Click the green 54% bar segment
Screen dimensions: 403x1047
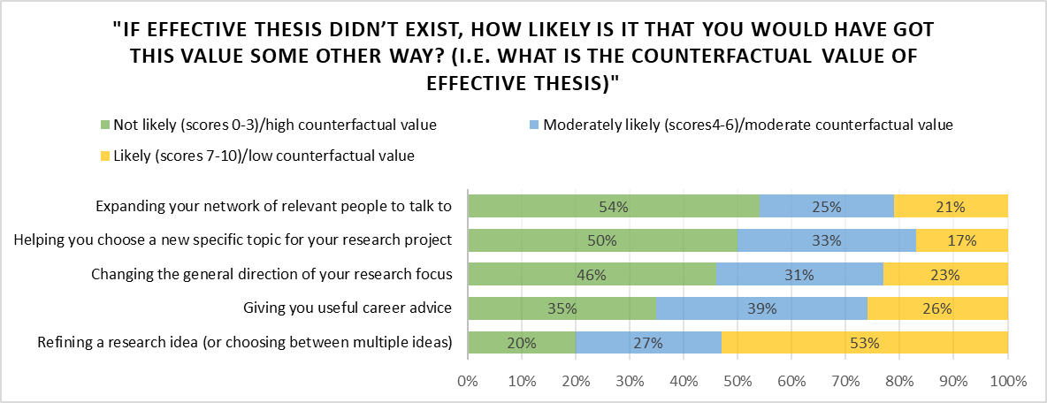[x=613, y=206]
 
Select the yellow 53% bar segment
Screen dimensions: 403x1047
[x=865, y=343]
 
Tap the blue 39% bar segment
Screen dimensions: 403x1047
[x=761, y=308]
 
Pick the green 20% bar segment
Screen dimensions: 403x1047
[x=522, y=343]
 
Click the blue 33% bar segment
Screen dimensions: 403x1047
[x=827, y=240]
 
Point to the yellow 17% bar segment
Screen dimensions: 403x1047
[x=962, y=240]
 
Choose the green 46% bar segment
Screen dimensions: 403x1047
[x=592, y=275]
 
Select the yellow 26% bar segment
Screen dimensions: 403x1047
[x=937, y=308]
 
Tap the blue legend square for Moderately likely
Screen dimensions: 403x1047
[x=533, y=125]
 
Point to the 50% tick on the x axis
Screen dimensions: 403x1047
[x=737, y=382]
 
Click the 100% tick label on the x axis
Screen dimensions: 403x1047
[x=1008, y=382]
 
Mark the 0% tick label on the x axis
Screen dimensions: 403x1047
[x=467, y=382]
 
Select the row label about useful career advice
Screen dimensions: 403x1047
[x=348, y=308]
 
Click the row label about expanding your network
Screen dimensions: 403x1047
[x=273, y=206]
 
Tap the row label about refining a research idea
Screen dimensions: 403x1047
[x=243, y=343]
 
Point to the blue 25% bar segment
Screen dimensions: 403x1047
[x=827, y=206]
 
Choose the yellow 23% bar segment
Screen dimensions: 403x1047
[x=945, y=275]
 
